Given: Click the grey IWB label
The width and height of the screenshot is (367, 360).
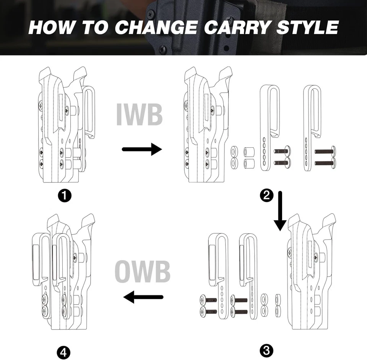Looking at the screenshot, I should (140, 114).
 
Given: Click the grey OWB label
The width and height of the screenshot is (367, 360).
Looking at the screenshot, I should (142, 272).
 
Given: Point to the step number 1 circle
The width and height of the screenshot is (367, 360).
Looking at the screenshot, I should (64, 195).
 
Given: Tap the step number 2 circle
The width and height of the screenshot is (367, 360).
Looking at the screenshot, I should (266, 195).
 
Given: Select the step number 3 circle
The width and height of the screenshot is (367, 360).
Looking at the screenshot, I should (266, 349).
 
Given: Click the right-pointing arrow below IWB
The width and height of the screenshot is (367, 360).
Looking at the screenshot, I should (142, 149).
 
